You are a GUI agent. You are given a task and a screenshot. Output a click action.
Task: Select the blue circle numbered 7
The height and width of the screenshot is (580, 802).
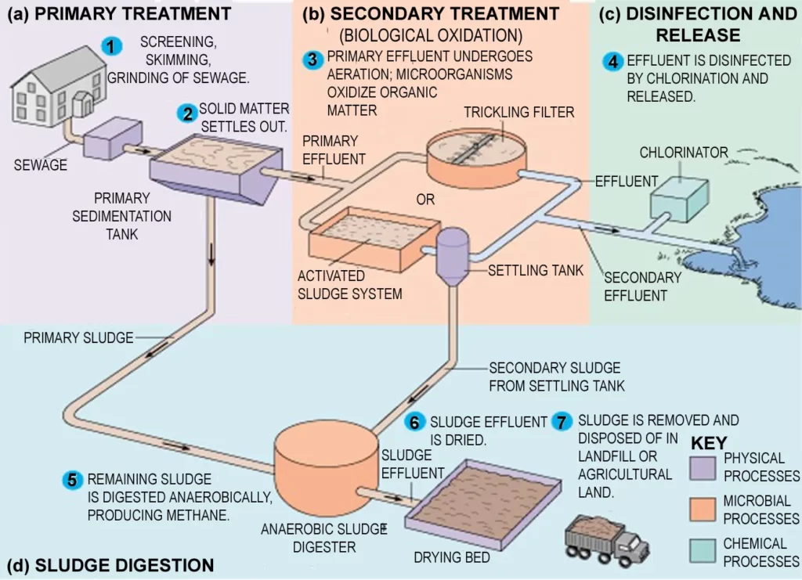(562, 421)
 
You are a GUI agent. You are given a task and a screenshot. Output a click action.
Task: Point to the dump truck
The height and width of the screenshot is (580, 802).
(606, 539)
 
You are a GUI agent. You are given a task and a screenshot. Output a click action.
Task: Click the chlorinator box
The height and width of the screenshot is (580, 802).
(679, 195)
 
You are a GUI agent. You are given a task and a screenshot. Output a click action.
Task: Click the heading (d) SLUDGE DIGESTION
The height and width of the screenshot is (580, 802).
(110, 565)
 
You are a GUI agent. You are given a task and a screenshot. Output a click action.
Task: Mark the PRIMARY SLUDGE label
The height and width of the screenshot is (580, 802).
(78, 338)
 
